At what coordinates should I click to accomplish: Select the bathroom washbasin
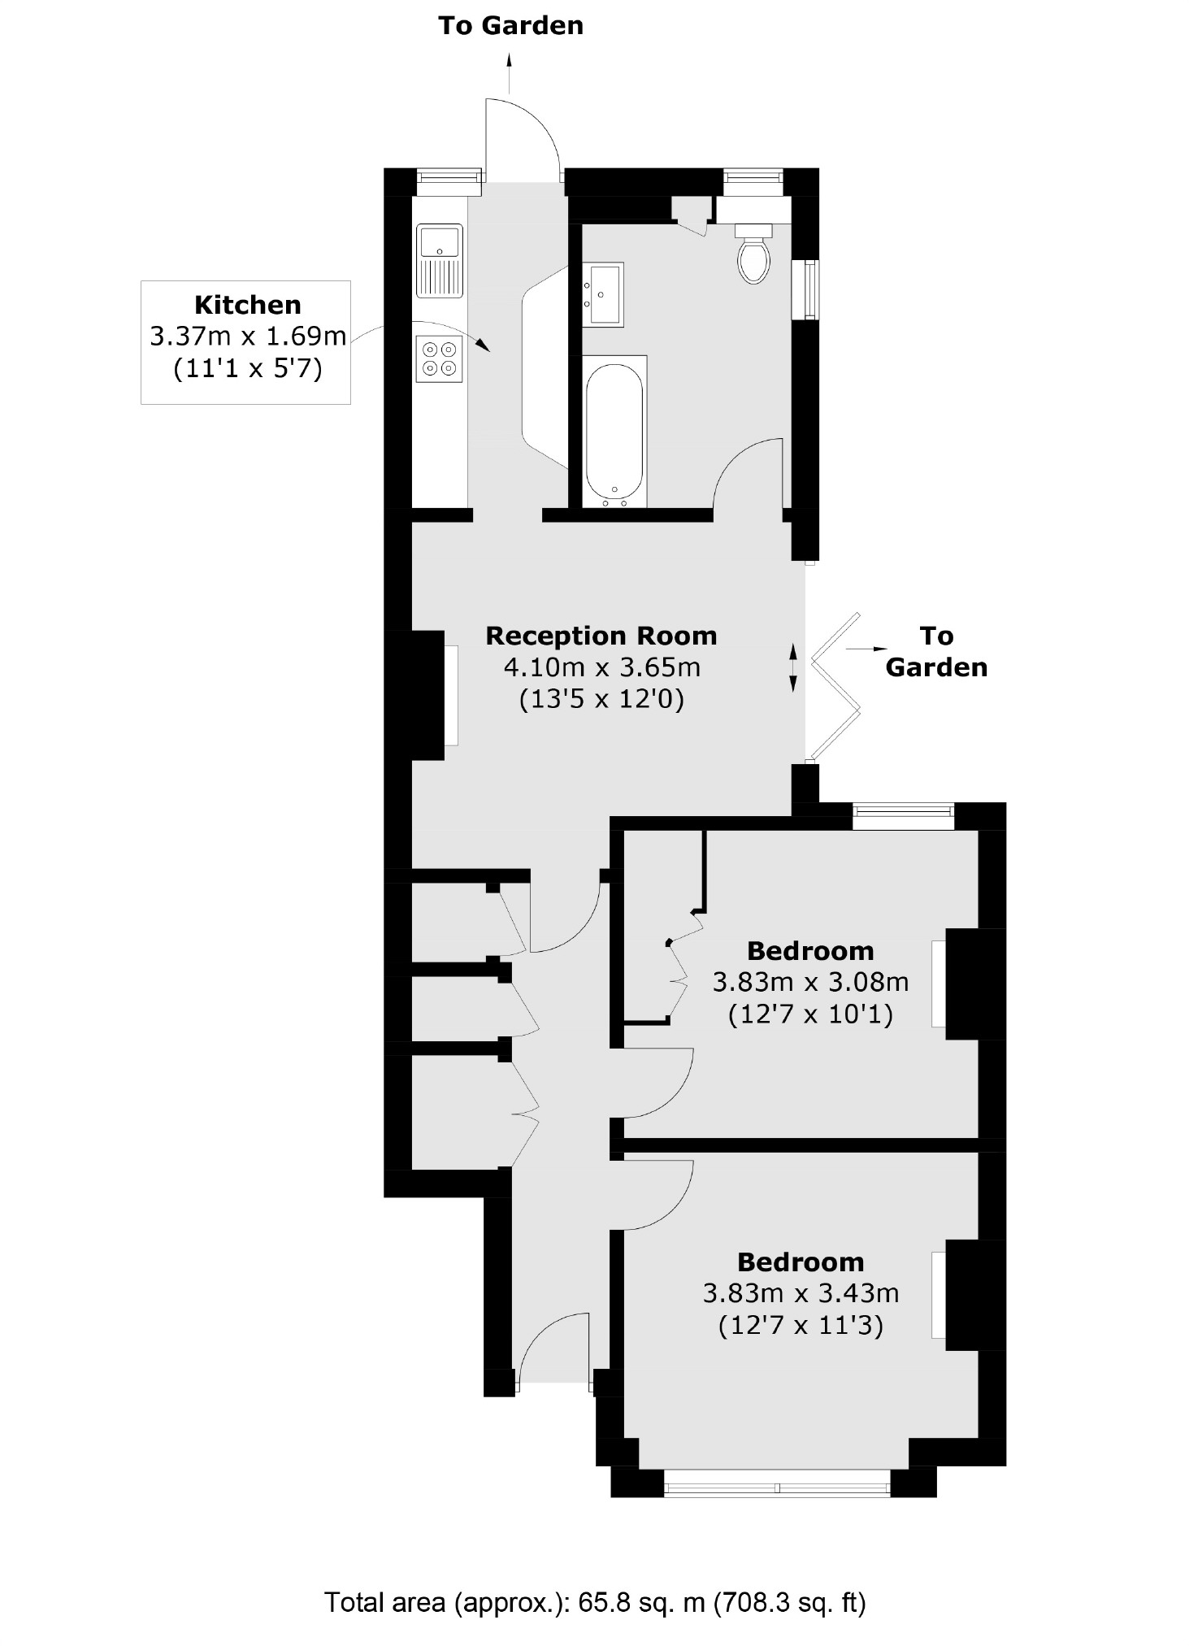[x=603, y=293]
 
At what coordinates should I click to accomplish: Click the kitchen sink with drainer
[x=439, y=261]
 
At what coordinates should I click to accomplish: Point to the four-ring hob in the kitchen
[x=439, y=358]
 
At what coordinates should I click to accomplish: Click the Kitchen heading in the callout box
[x=248, y=305]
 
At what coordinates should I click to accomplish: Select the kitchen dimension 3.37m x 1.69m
[x=248, y=337]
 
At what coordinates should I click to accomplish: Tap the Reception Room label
[x=601, y=636]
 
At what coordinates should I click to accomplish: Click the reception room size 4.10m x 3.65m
[x=601, y=667]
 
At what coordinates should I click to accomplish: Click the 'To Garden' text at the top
[x=510, y=26]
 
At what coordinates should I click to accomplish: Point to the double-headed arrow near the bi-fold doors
[x=794, y=667]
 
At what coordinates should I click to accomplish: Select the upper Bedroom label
[x=810, y=950]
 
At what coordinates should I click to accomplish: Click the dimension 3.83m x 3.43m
[x=801, y=1293]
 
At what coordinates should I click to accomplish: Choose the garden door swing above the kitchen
[x=520, y=138]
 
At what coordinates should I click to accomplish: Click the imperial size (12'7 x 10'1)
[x=810, y=1014]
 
